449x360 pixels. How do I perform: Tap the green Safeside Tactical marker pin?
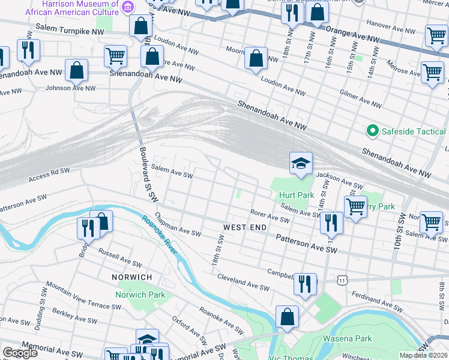(372, 131)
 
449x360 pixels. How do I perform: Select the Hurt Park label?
(297, 196)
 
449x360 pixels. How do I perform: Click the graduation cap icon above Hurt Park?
(301, 163)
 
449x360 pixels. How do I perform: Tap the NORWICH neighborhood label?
(131, 277)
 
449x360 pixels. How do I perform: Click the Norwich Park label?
(140, 295)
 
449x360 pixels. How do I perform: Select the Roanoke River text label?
(159, 233)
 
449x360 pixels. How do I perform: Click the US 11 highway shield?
(342, 280)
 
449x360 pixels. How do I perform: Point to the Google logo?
(20, 353)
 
